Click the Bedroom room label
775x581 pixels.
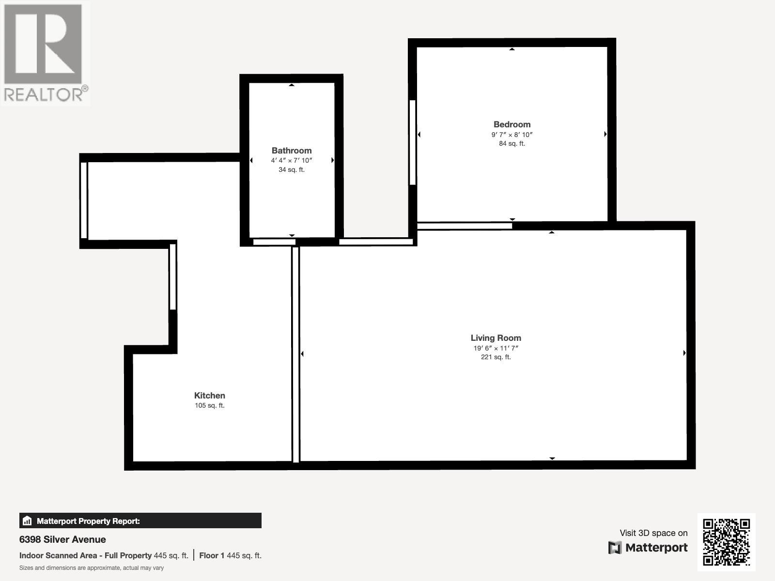click(512, 124)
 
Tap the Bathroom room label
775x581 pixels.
click(292, 151)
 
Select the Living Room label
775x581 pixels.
click(496, 338)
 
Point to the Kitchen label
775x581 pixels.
click(209, 396)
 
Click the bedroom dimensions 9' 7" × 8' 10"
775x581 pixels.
click(512, 135)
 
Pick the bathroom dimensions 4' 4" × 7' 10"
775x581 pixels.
click(292, 160)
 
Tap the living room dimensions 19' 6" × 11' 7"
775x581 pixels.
click(496, 348)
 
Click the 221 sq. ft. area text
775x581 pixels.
click(496, 357)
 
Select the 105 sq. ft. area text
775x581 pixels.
click(209, 406)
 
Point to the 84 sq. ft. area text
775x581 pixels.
click(512, 144)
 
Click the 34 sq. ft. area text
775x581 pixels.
click(292, 170)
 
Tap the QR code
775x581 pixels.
click(726, 542)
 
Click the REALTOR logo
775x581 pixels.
click(45, 53)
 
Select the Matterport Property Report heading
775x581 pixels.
click(88, 521)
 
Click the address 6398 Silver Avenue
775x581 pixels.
click(62, 539)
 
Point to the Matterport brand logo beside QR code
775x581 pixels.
click(648, 548)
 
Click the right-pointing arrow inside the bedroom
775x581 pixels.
click(605, 134)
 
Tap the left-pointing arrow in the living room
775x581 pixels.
click(302, 354)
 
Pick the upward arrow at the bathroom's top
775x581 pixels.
click(292, 85)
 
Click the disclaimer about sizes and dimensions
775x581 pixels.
click(92, 568)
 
